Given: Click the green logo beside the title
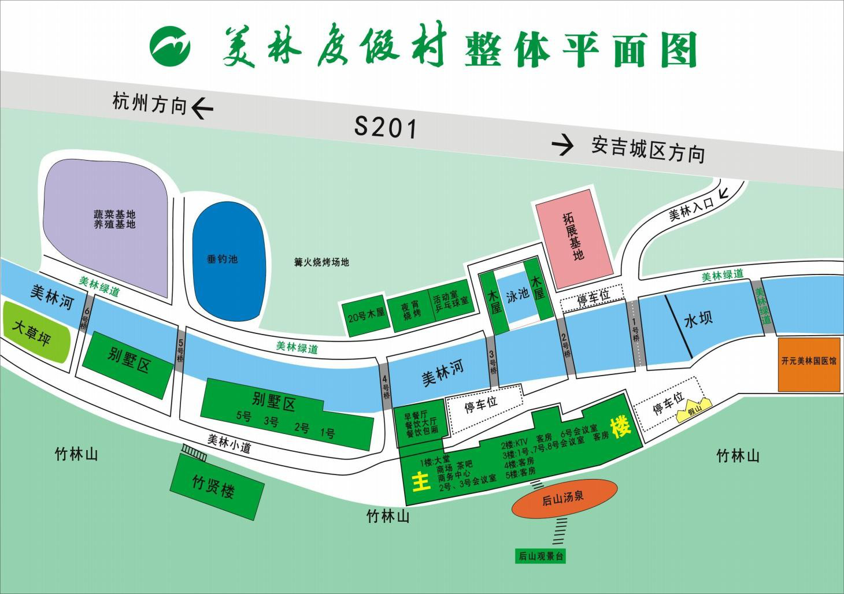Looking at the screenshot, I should [x=170, y=46].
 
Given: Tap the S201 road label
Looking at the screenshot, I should [x=386, y=127].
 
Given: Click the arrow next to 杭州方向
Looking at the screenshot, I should [x=202, y=107].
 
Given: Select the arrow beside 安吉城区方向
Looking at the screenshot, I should [x=563, y=145].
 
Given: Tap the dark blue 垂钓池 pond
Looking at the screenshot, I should [x=229, y=259].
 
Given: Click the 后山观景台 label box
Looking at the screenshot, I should [x=541, y=556].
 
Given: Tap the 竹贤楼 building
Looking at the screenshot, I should [x=214, y=487].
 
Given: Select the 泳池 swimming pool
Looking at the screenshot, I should [x=517, y=295].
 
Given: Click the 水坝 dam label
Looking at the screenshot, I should [x=698, y=318].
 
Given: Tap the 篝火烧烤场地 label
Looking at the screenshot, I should [x=322, y=262].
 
